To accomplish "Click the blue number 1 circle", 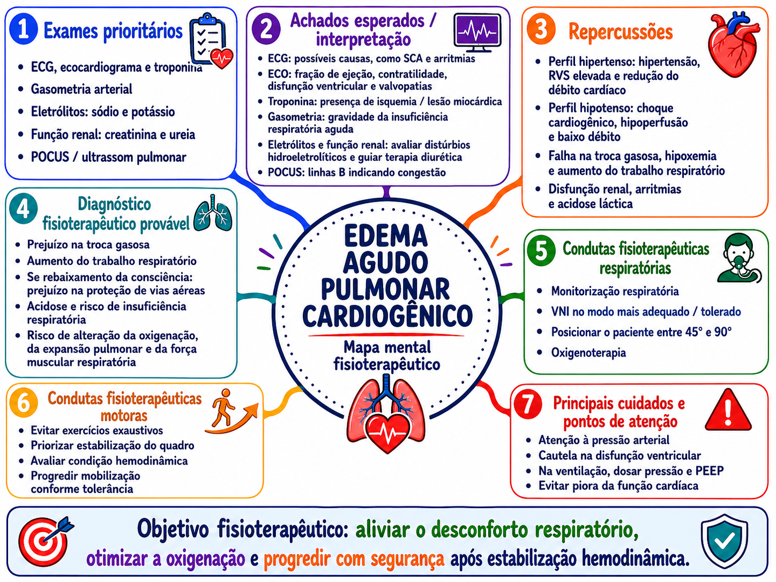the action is tap(24, 30).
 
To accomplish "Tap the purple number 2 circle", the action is tap(266, 29).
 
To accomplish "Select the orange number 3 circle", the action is tap(541, 29).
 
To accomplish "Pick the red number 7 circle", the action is tap(527, 404).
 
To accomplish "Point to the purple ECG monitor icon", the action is tap(477, 33).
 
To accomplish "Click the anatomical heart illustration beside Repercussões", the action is tap(734, 44).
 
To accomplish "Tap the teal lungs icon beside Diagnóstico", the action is tap(213, 213).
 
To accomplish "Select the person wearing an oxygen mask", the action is tap(739, 258).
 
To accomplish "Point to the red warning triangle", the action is tap(728, 411).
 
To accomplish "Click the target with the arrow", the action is tap(45, 540).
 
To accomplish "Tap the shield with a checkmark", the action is tap(725, 541).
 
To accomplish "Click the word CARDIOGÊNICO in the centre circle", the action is tap(387, 316).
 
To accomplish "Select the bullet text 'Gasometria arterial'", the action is tap(81, 89).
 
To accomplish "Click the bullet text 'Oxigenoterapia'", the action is tap(588, 352).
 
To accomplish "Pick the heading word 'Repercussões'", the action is tap(621, 32).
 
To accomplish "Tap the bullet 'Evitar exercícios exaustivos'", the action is tap(96, 430).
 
